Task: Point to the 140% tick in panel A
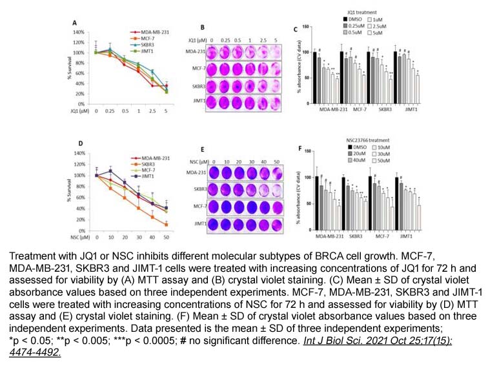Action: coord(79,31)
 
